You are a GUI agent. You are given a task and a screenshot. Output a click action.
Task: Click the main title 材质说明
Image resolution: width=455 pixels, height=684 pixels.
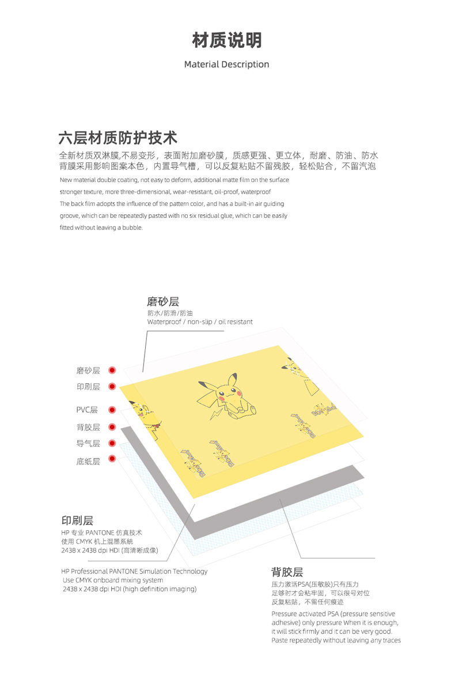click(226, 40)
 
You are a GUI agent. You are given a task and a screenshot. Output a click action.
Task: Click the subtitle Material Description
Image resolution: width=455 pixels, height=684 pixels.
click(226, 65)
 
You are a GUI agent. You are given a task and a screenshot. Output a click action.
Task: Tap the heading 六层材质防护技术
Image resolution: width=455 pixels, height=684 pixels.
click(117, 138)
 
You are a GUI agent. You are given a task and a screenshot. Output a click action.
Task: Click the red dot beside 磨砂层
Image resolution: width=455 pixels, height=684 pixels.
click(112, 370)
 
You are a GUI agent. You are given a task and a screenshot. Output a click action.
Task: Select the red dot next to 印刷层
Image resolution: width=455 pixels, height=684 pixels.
click(112, 387)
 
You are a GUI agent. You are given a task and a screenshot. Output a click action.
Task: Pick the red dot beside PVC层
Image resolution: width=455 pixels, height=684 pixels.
click(112, 410)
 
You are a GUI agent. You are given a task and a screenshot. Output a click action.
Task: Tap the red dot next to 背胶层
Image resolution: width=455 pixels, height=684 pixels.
click(112, 427)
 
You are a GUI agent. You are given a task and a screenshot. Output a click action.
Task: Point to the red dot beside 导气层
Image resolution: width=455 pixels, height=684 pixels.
click(112, 443)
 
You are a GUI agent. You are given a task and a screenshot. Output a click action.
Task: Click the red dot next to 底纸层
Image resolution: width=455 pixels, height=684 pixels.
click(112, 459)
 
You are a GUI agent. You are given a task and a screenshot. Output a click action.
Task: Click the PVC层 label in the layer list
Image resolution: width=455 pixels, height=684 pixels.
click(87, 410)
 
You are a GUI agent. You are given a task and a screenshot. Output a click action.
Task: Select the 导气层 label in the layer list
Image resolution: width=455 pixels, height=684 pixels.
click(88, 444)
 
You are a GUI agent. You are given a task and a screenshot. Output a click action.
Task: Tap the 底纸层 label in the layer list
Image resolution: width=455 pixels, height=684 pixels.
click(88, 461)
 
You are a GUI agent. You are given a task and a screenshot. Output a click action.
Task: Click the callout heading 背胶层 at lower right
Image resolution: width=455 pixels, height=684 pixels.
click(287, 572)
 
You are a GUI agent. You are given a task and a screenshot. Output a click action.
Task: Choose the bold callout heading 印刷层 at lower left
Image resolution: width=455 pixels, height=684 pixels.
click(77, 521)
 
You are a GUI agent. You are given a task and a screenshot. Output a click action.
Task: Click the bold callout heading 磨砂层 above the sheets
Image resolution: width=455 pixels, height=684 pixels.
click(163, 301)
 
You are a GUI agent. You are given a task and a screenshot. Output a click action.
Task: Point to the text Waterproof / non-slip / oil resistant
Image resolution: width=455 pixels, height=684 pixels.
click(200, 322)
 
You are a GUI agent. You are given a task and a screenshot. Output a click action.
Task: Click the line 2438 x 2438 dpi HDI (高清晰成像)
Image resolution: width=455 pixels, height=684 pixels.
click(109, 551)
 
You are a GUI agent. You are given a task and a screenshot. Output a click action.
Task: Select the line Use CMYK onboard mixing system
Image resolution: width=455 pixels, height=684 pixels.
click(113, 580)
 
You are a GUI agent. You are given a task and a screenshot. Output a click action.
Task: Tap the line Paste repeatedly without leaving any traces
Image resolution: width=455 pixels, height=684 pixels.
click(336, 640)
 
